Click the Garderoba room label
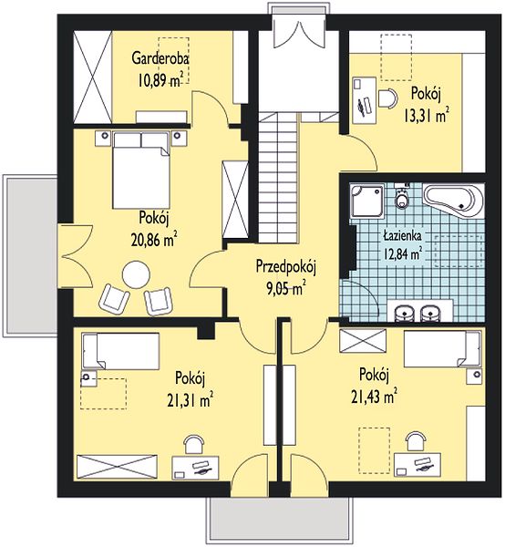[x=160, y=58]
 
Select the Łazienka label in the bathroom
[x=402, y=236]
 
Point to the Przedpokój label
[x=286, y=267]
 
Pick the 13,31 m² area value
[x=427, y=116]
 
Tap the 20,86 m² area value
[x=154, y=240]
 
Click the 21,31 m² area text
[x=191, y=400]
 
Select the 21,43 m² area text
[x=374, y=397]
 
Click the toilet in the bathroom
[x=402, y=198]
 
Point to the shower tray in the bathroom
[x=366, y=201]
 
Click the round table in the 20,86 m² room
[x=137, y=275]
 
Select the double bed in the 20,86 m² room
[x=141, y=170]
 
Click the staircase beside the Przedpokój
[x=279, y=178]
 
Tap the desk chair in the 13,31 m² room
[x=387, y=99]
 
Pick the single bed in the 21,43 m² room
[x=442, y=349]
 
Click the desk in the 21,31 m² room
[x=195, y=468]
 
